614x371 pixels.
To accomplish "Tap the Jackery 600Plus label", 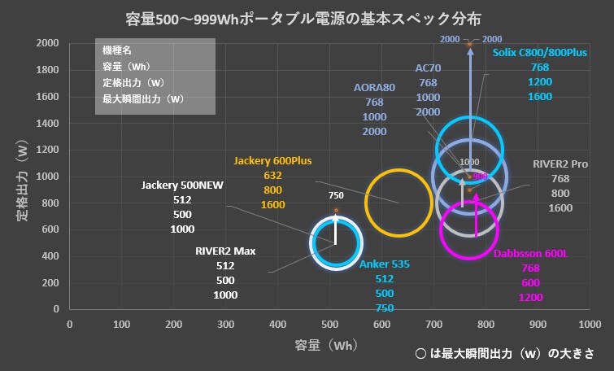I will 272,160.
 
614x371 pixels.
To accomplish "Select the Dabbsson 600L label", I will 530,254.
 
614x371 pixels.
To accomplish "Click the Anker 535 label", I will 385,264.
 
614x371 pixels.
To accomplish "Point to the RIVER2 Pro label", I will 560,164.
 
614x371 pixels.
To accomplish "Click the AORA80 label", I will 375,88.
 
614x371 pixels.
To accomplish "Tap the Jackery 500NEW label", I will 182,185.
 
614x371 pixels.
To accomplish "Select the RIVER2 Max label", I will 225,251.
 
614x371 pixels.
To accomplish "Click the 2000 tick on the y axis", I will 48,43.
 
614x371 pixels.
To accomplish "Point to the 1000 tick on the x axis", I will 590,325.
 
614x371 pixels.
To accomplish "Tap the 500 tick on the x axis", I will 329,325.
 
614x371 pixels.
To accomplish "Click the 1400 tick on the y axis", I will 48,123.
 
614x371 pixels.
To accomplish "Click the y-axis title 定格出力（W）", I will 23,177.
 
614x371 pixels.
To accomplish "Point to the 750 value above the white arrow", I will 336,196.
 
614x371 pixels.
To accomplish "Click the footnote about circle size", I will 503,354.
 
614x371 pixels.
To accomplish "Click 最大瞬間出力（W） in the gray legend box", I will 142,99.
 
